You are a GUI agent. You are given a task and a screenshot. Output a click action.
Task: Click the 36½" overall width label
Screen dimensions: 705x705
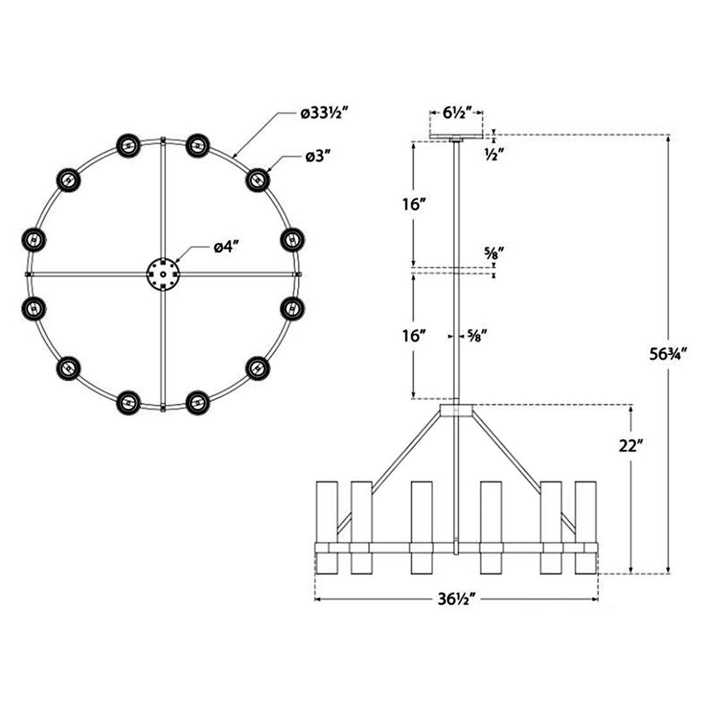456,600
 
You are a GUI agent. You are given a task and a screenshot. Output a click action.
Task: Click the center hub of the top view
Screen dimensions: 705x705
162,274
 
